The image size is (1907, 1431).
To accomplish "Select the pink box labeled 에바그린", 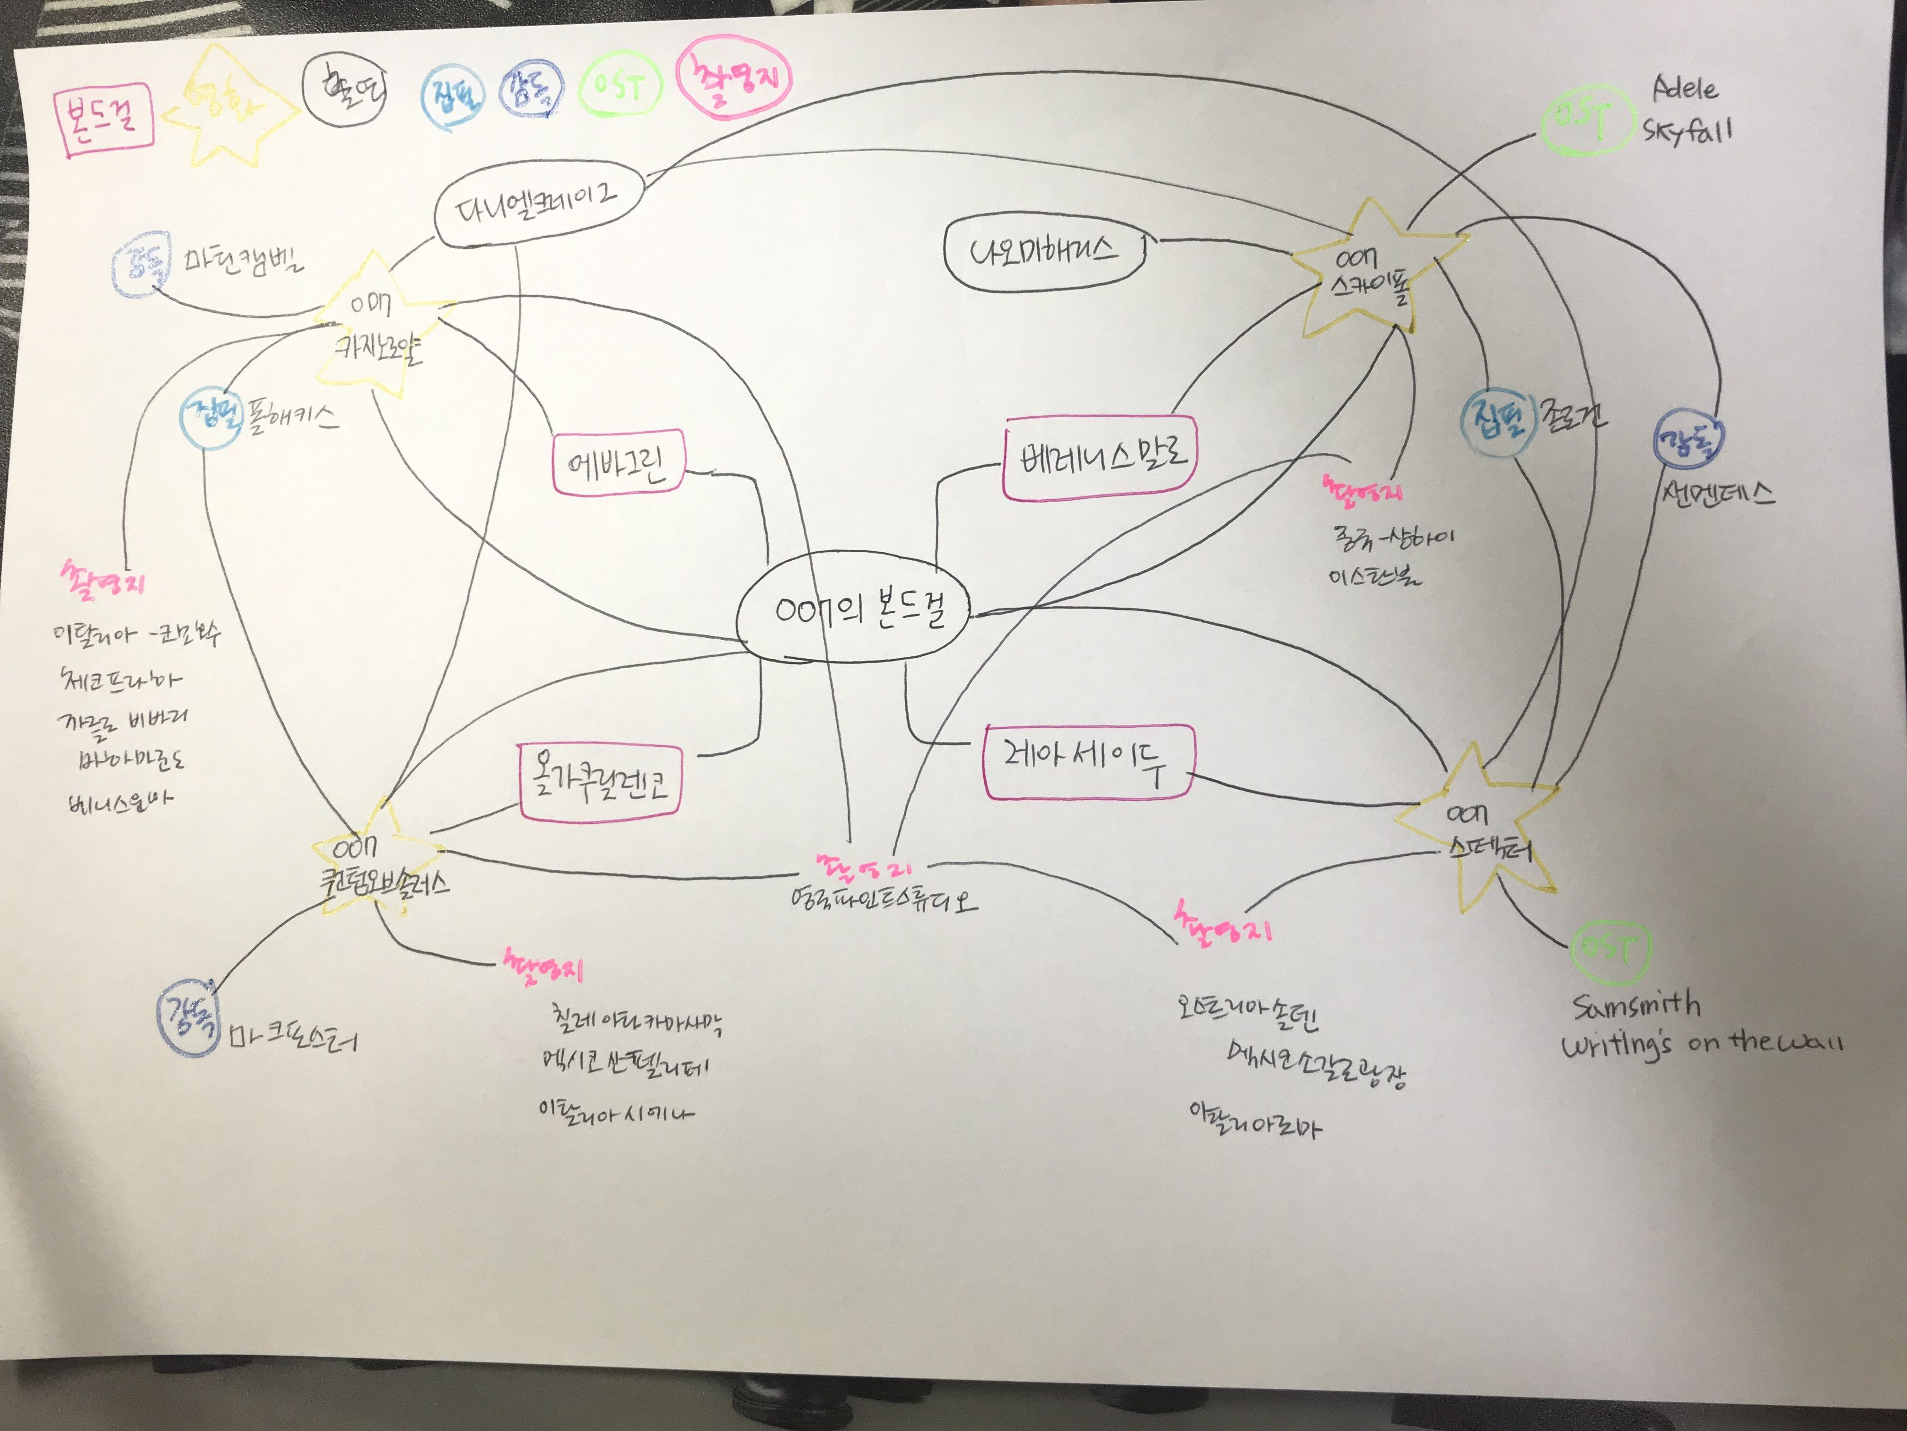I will click(x=617, y=463).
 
